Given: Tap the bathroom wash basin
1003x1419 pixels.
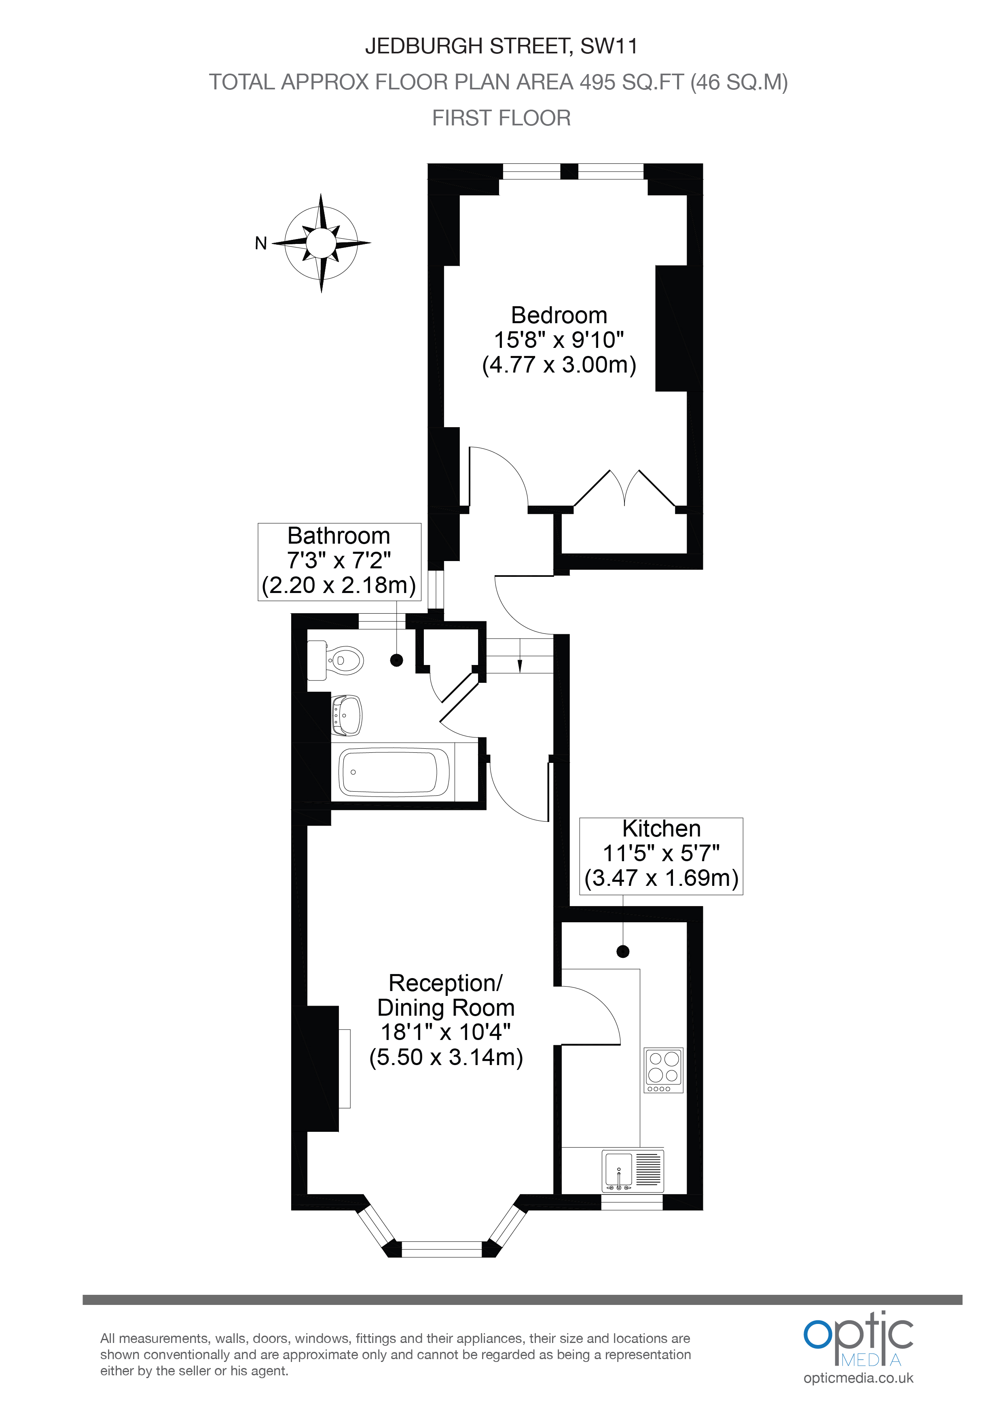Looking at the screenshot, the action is pyautogui.click(x=347, y=716).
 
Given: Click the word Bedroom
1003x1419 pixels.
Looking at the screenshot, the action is pyautogui.click(x=559, y=316).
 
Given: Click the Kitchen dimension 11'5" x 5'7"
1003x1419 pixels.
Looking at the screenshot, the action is pyautogui.click(x=661, y=854).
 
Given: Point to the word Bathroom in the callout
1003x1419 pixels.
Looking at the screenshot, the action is pyautogui.click(x=339, y=536).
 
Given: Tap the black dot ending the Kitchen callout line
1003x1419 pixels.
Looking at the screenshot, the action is pyautogui.click(x=623, y=952).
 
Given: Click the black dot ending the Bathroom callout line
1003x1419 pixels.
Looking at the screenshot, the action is pyautogui.click(x=397, y=660).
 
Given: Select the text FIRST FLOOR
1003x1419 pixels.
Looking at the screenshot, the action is pyautogui.click(x=501, y=118).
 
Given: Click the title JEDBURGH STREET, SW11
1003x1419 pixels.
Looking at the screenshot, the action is pyautogui.click(x=501, y=47).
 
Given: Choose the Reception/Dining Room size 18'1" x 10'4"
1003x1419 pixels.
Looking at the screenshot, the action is pyautogui.click(x=446, y=1032).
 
